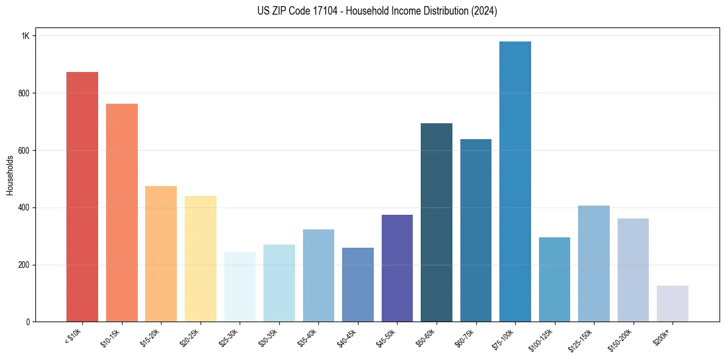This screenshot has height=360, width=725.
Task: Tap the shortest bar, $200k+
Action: [x=673, y=303]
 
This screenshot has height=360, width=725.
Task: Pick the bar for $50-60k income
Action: [x=437, y=222]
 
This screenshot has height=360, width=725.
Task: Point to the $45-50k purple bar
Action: [x=397, y=268]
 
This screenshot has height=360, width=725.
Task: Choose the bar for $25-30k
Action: [x=240, y=287]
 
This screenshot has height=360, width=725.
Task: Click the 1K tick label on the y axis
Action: [x=26, y=36]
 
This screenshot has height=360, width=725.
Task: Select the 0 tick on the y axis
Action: [x=27, y=322]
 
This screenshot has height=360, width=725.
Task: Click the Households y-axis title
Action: [x=10, y=175]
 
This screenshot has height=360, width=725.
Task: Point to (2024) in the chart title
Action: [x=484, y=11]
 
